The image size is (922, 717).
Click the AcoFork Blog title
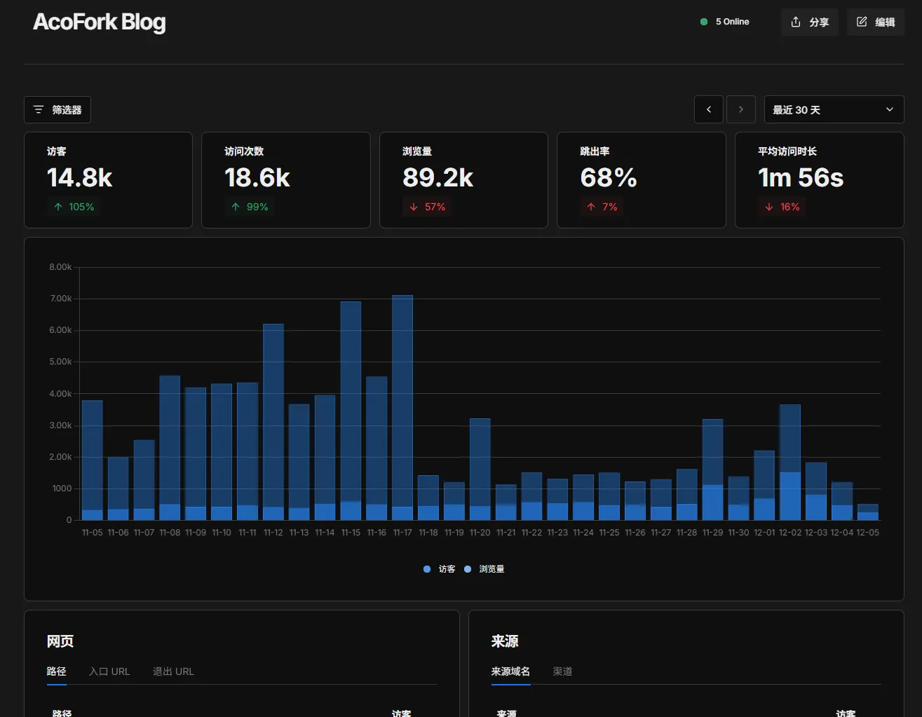pos(100,22)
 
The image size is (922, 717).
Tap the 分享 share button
pos(809,22)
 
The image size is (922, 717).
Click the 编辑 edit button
pos(875,22)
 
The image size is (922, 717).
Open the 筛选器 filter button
pos(57,110)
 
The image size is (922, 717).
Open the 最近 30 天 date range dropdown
pos(833,110)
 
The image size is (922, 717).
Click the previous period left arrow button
pos(709,110)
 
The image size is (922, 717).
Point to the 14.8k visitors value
pos(80,178)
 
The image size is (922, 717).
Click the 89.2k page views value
pos(438,178)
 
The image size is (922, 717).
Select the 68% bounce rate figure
pos(609,178)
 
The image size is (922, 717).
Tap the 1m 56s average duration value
pos(801,178)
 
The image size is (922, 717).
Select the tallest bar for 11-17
pos(402,407)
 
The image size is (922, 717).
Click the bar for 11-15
pos(351,410)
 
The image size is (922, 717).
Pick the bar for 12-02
pos(790,463)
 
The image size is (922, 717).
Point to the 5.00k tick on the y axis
pos(60,362)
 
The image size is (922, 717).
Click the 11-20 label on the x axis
pos(480,533)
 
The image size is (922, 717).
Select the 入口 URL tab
pos(109,671)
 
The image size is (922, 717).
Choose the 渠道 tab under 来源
pos(562,671)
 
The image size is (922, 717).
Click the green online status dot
pos(704,22)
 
